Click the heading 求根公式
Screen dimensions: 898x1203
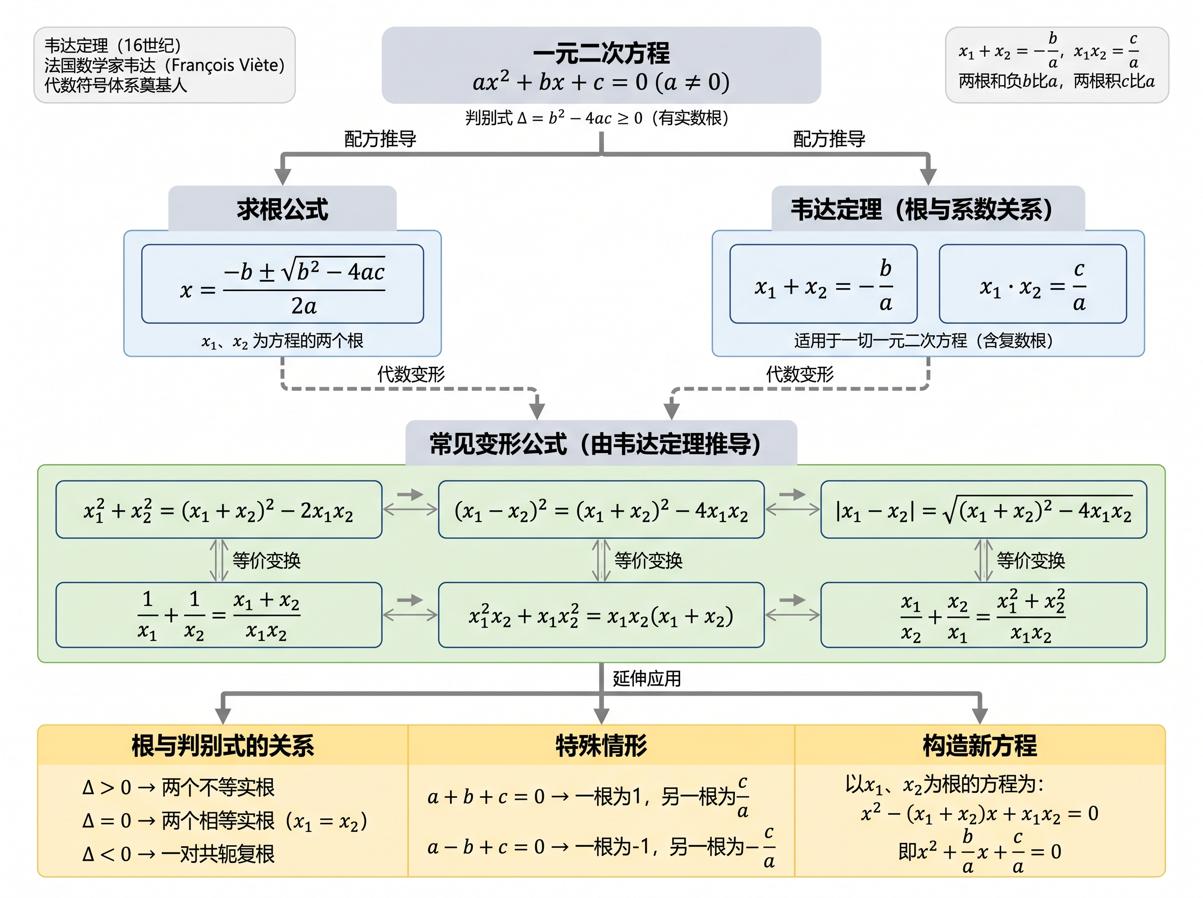click(x=282, y=209)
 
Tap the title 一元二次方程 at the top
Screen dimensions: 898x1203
click(x=600, y=53)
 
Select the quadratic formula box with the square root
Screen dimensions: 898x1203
click(x=282, y=284)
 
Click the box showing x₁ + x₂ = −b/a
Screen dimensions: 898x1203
click(x=823, y=284)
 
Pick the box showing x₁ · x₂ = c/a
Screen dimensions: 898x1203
click(x=1032, y=284)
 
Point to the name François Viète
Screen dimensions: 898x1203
click(x=225, y=65)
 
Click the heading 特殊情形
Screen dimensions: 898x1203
click(x=600, y=745)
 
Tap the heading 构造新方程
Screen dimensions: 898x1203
click(x=979, y=745)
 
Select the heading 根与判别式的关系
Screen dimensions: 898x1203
click(x=223, y=745)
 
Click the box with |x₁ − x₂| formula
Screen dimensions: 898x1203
click(x=983, y=509)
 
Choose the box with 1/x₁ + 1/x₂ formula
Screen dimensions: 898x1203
click(x=219, y=615)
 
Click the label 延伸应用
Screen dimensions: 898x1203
click(x=646, y=678)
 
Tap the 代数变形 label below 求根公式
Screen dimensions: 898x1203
click(x=411, y=374)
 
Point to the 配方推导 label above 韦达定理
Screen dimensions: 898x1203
click(x=829, y=139)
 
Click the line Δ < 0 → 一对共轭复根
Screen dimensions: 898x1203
click(x=178, y=854)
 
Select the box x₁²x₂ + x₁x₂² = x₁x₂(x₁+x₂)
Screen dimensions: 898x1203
click(x=600, y=615)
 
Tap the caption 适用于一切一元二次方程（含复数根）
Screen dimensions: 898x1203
click(x=923, y=340)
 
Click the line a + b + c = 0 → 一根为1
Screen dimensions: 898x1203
click(x=587, y=796)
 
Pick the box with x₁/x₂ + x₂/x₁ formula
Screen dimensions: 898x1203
click(x=983, y=615)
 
